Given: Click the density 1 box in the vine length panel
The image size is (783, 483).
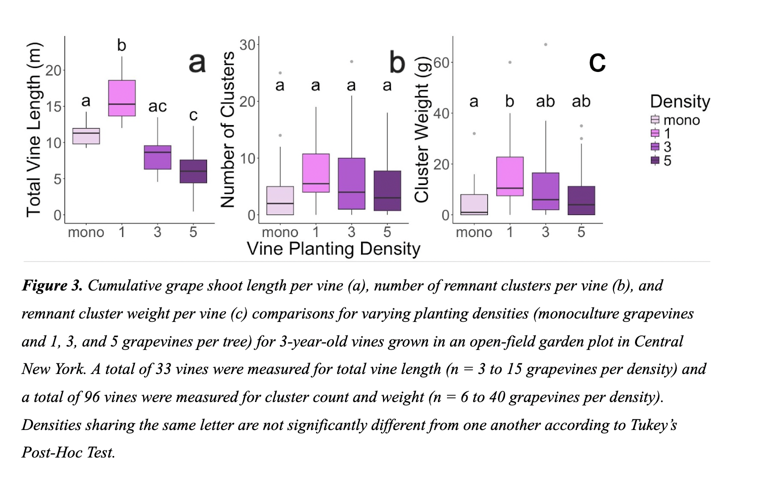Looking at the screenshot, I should pyautogui.click(x=122, y=98).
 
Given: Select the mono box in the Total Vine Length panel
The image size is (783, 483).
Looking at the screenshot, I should pyautogui.click(x=86, y=136).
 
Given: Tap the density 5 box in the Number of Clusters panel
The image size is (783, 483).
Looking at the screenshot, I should pyautogui.click(x=387, y=190).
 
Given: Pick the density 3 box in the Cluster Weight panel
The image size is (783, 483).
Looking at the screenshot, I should pyautogui.click(x=545, y=191).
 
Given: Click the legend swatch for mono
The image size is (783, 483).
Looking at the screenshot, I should pyautogui.click(x=655, y=120).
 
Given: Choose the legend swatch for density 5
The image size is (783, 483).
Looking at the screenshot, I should pyautogui.click(x=655, y=160).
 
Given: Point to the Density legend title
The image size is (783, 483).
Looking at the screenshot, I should pyautogui.click(x=680, y=101).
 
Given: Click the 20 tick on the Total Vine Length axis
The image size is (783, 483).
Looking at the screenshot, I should pyautogui.click(x=53, y=70).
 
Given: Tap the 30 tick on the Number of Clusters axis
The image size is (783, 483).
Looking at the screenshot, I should pyautogui.click(x=247, y=45).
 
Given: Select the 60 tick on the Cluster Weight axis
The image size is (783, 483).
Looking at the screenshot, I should pyautogui.click(x=441, y=62).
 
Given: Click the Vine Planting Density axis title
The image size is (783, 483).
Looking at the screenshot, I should pyautogui.click(x=333, y=248).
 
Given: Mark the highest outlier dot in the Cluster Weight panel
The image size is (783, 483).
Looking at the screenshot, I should pyautogui.click(x=545, y=44).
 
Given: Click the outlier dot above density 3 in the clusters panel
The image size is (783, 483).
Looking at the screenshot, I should pyautogui.click(x=351, y=61).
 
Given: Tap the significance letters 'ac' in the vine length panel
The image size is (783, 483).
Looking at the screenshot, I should pyautogui.click(x=157, y=106).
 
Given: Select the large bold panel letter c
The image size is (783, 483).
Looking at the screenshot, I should pyautogui.click(x=597, y=62).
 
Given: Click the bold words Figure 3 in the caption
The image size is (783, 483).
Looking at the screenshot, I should pyautogui.click(x=52, y=285).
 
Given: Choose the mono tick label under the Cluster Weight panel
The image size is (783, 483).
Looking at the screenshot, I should pyautogui.click(x=474, y=232).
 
